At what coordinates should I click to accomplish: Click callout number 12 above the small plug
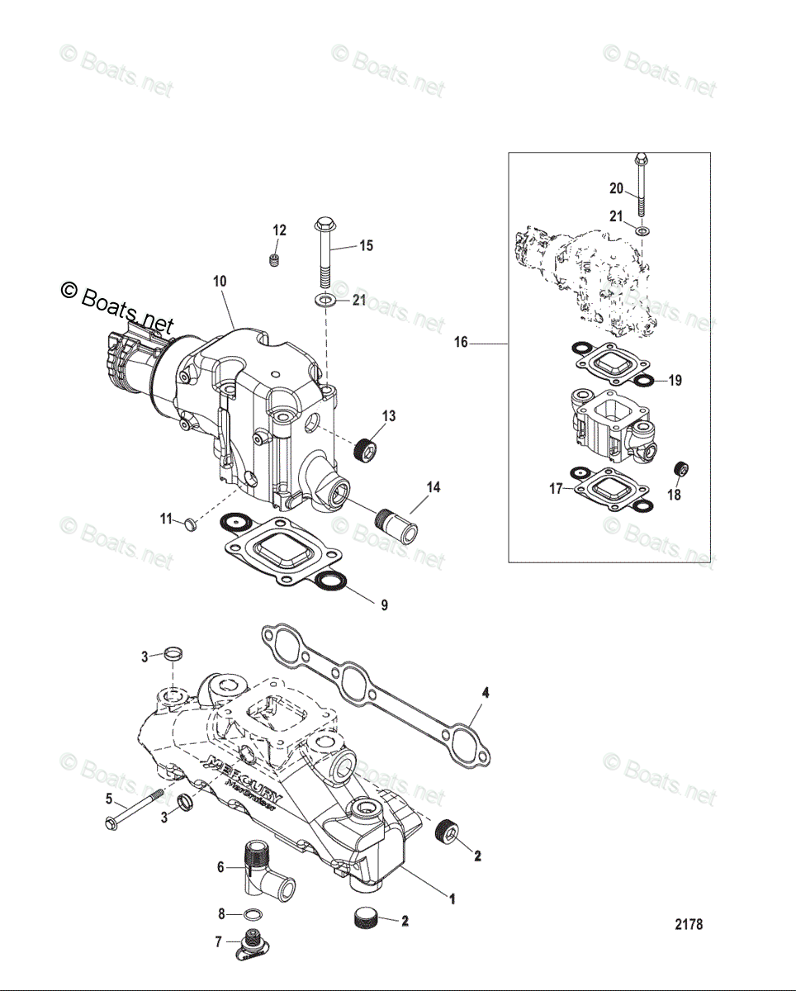(280, 230)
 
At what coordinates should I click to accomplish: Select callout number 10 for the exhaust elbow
(219, 282)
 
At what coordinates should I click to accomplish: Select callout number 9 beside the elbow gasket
(384, 605)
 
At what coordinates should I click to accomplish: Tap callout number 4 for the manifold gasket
(485, 695)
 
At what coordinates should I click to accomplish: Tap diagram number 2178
(689, 925)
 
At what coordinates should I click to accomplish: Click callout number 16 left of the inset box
(460, 342)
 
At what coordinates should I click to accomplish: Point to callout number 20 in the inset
(616, 188)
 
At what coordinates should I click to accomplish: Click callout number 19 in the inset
(675, 381)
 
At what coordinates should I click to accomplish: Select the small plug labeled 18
(682, 470)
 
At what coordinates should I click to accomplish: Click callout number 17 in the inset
(557, 489)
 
